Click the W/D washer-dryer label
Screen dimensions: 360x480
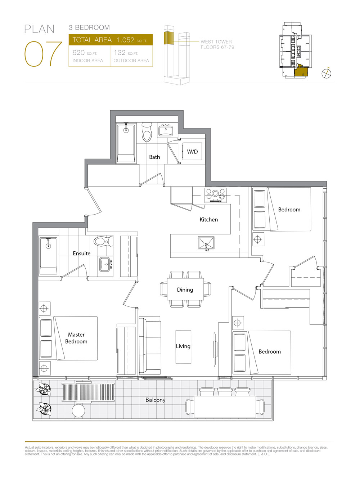tap(192, 152)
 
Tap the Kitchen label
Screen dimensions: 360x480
tap(209, 220)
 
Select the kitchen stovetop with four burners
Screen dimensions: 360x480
tap(215, 195)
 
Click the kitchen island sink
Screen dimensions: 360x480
tap(206, 243)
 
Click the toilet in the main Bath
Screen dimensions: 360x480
tap(147, 132)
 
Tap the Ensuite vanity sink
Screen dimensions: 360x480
tap(106, 264)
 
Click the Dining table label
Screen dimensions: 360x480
tap(185, 290)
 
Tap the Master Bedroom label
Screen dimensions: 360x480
tap(76, 338)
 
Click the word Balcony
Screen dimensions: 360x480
tap(156, 400)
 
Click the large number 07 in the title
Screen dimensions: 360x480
tap(43, 54)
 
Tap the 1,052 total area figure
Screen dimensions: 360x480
tap(125, 40)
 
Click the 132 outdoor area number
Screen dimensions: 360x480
tap(120, 53)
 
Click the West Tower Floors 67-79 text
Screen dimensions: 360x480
tap(217, 44)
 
